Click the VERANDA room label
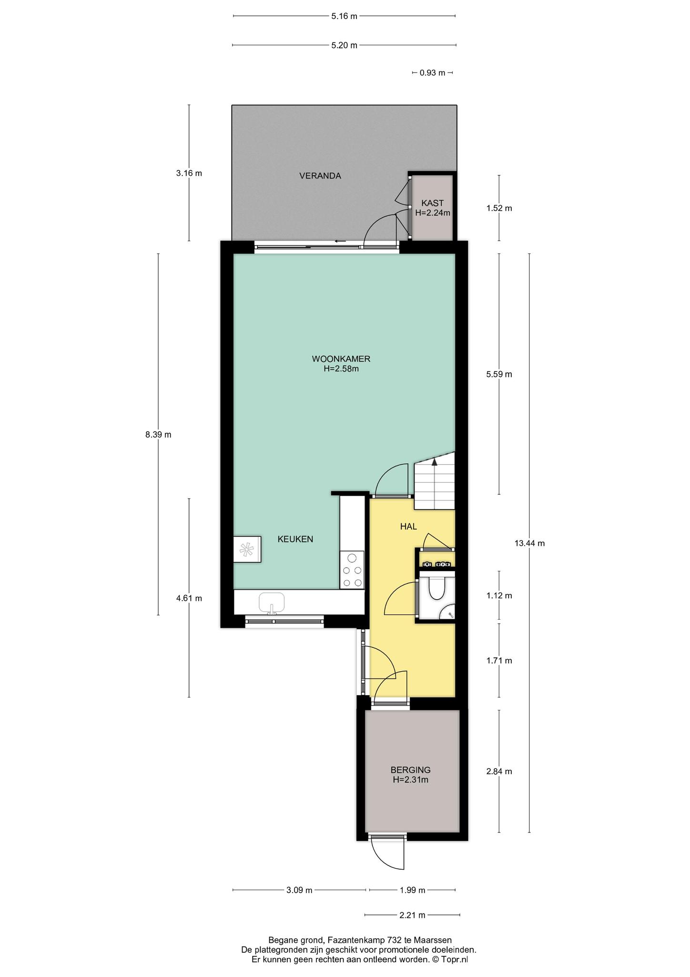(320, 176)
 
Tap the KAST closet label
(432, 203)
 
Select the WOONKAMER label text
(341, 359)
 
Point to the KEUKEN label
(295, 539)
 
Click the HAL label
(408, 527)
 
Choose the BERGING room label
(410, 769)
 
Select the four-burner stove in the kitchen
(352, 570)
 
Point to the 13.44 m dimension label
(529, 543)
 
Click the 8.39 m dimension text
(158, 435)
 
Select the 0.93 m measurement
(432, 73)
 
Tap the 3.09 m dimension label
(299, 890)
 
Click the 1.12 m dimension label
(499, 595)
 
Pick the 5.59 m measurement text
(499, 374)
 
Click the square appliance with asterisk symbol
(247, 549)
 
